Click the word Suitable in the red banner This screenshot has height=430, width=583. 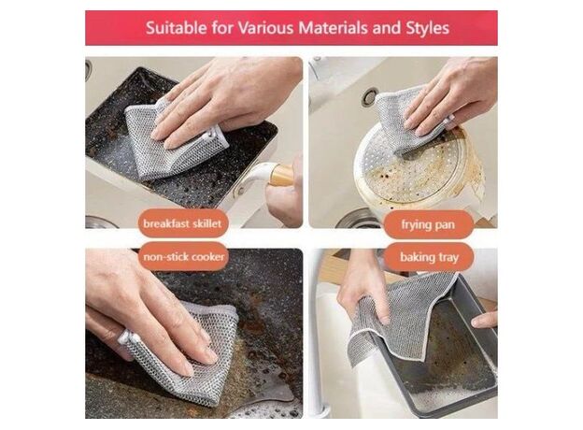pyautogui.click(x=177, y=28)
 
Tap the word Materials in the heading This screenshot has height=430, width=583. pyautogui.click(x=334, y=28)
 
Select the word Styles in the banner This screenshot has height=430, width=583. pyautogui.click(x=428, y=28)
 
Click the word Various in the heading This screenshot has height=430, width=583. pyautogui.click(x=265, y=28)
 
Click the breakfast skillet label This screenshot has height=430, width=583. pyautogui.click(x=182, y=223)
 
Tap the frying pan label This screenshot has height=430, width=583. pyautogui.click(x=428, y=224)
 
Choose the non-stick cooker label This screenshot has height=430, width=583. pyautogui.click(x=184, y=257)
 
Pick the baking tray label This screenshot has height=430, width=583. pyautogui.click(x=429, y=257)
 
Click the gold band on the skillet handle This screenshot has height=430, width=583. pyautogui.click(x=281, y=175)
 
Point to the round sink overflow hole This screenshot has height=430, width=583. pyautogui.click(x=370, y=96)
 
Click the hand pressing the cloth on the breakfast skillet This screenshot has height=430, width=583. pyautogui.click(x=223, y=96)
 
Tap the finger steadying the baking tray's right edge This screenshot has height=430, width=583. pyautogui.click(x=485, y=320)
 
